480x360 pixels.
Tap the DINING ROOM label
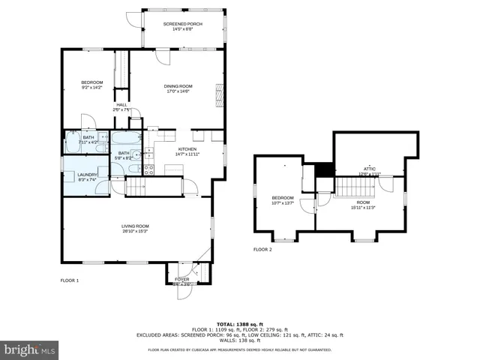(x=178, y=86)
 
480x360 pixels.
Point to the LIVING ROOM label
(x=136, y=226)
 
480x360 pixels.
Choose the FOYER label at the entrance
(x=182, y=279)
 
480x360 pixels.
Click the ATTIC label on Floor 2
(x=369, y=169)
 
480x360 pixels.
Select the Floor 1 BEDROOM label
(x=92, y=82)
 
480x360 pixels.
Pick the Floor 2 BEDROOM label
(x=283, y=198)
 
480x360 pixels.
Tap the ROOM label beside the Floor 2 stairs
(x=363, y=202)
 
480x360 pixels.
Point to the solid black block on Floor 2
(x=324, y=170)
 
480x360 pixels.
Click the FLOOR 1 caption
(x=70, y=280)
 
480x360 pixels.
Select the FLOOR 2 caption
(x=262, y=249)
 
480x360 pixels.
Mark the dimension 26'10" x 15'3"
(x=136, y=231)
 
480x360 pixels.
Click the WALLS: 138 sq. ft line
(x=240, y=340)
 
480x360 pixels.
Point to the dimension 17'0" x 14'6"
(x=178, y=91)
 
